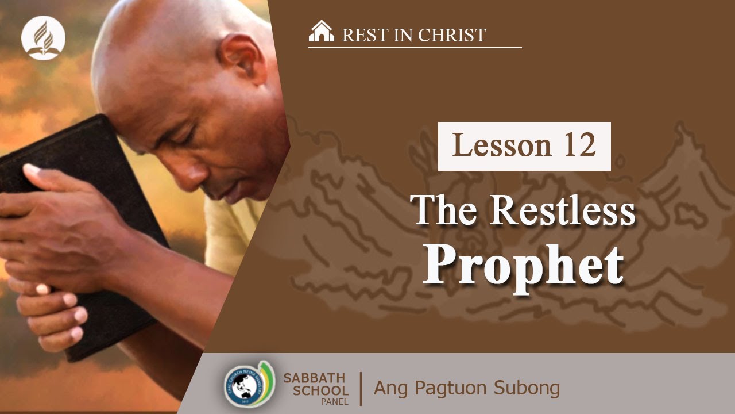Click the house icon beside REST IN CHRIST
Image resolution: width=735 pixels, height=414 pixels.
coord(321,32)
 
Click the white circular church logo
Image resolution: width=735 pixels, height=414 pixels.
coord(43,39)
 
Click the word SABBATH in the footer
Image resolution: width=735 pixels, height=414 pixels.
coord(315,378)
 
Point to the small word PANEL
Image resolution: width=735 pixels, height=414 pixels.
coord(335,402)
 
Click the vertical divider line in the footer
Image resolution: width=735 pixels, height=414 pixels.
coord(361,388)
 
